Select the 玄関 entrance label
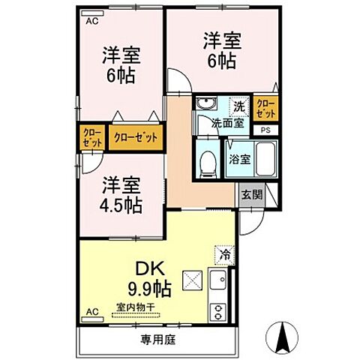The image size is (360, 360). tap(251, 194)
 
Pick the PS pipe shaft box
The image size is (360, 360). tap(265, 130)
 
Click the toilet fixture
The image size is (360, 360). tap(208, 160)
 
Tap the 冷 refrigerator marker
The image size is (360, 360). tap(224, 255)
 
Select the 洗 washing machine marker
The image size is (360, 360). tap(238, 106)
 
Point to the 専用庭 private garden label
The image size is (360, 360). tap(157, 340)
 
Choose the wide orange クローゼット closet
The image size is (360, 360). tap(136, 137)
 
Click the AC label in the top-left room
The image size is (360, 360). tap(91, 21)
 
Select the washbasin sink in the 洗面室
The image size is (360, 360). tap(205, 105)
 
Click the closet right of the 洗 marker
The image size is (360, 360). tap(265, 108)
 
